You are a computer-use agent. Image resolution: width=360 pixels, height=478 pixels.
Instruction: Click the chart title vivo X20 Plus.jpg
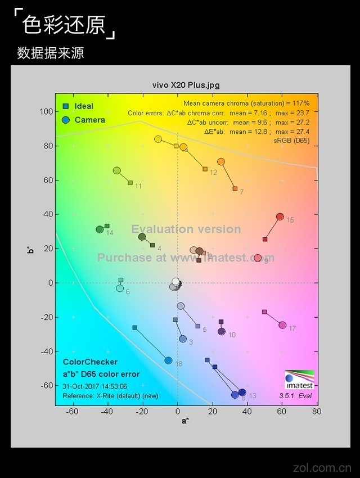point(186,85)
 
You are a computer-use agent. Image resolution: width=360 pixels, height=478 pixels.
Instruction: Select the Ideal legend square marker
point(66,106)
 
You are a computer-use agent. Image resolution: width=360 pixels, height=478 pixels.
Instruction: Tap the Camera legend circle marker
point(66,120)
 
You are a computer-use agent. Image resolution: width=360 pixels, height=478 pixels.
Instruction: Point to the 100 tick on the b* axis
point(46,111)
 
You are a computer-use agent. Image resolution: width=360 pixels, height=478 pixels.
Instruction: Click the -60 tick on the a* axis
point(73,411)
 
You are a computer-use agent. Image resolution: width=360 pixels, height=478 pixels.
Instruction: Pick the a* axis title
point(186,421)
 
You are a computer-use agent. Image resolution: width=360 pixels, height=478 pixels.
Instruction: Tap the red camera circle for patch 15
point(280,217)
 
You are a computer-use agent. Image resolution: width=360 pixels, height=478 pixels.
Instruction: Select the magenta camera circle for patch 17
point(282,325)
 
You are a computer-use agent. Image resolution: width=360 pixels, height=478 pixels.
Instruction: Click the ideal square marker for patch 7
point(235,188)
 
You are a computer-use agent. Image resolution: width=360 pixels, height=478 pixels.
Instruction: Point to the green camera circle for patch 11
point(117,170)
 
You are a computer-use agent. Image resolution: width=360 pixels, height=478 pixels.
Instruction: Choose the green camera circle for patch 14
point(100,229)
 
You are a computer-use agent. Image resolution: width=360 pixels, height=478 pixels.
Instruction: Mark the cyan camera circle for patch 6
point(120,288)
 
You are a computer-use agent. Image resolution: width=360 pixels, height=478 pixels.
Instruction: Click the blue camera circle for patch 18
point(168,360)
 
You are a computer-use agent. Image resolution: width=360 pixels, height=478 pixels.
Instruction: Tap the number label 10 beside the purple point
point(232,335)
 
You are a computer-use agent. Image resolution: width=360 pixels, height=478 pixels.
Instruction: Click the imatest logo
point(299,380)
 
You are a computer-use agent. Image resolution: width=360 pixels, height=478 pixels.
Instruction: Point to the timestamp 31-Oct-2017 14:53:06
point(95,386)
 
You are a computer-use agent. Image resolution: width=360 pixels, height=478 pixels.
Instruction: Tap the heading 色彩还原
point(64,25)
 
